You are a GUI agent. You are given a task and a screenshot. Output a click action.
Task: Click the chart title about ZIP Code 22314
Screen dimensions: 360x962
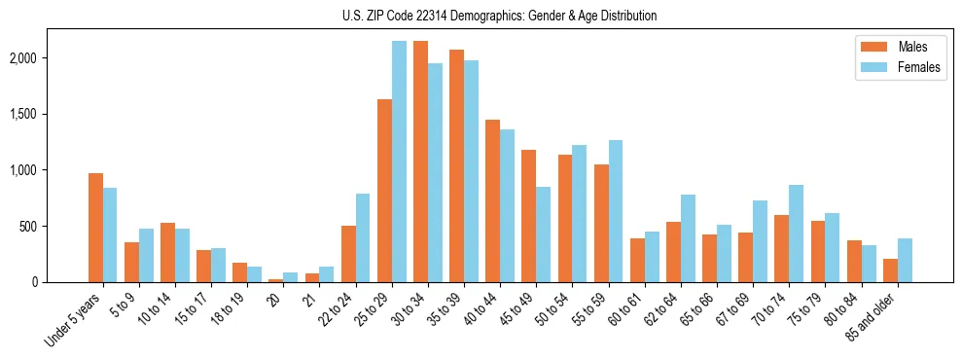499,16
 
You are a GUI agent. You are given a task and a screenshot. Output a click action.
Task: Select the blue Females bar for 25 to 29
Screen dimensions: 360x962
399,162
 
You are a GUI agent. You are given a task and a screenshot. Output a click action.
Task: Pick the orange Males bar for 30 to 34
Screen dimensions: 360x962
420,162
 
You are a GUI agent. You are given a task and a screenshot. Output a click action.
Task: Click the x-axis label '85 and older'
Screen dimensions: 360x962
880,321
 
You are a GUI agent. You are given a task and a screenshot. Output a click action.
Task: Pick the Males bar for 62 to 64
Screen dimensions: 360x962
673,252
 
